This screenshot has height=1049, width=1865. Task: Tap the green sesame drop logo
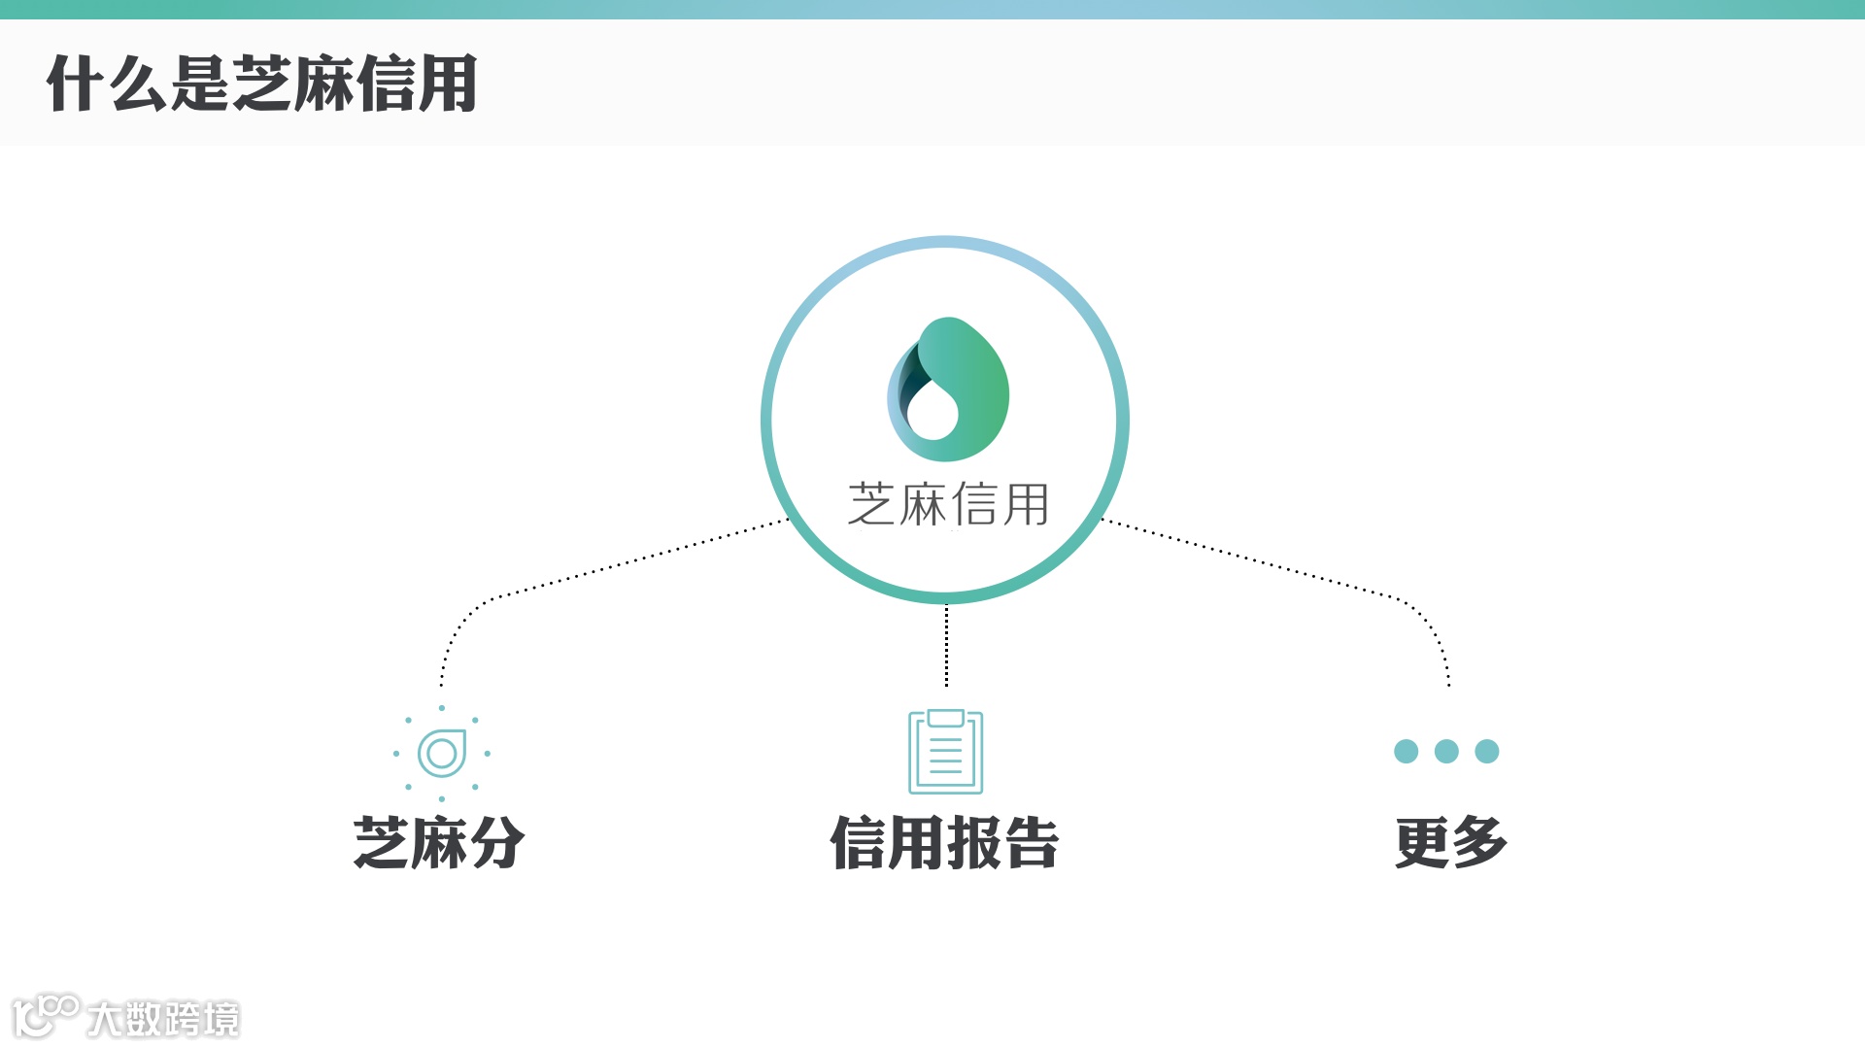[x=949, y=389]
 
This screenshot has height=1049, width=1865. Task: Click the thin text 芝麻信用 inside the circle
[x=948, y=505]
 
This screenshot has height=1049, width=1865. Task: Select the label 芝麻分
[x=439, y=842]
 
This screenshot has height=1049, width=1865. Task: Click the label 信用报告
[x=944, y=842]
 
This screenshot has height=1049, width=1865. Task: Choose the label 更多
[x=1451, y=842]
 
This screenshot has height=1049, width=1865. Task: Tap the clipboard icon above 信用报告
[x=945, y=752]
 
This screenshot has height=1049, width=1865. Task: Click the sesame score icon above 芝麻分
[x=442, y=754]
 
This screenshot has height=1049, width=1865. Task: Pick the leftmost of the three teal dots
[x=1406, y=751]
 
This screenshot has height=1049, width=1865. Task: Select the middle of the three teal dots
[x=1446, y=751]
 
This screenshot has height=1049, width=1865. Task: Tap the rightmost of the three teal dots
[x=1487, y=751]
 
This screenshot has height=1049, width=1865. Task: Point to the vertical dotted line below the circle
[x=946, y=646]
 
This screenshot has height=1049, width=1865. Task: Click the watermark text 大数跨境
[x=163, y=1019]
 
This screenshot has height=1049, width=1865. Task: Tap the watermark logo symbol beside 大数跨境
[x=44, y=1015]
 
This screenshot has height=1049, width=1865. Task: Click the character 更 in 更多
[x=1423, y=842]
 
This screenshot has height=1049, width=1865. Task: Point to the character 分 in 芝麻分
[x=497, y=842]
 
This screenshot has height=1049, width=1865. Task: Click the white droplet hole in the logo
[x=933, y=413]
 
